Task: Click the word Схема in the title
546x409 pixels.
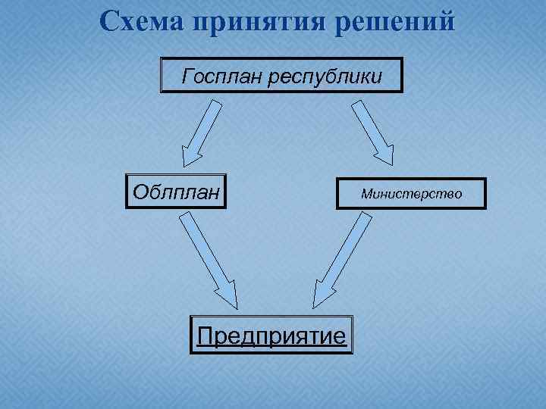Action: point(142,21)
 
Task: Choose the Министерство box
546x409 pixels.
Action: point(411,194)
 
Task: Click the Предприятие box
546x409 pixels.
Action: point(271,333)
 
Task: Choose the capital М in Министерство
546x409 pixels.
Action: point(366,194)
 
